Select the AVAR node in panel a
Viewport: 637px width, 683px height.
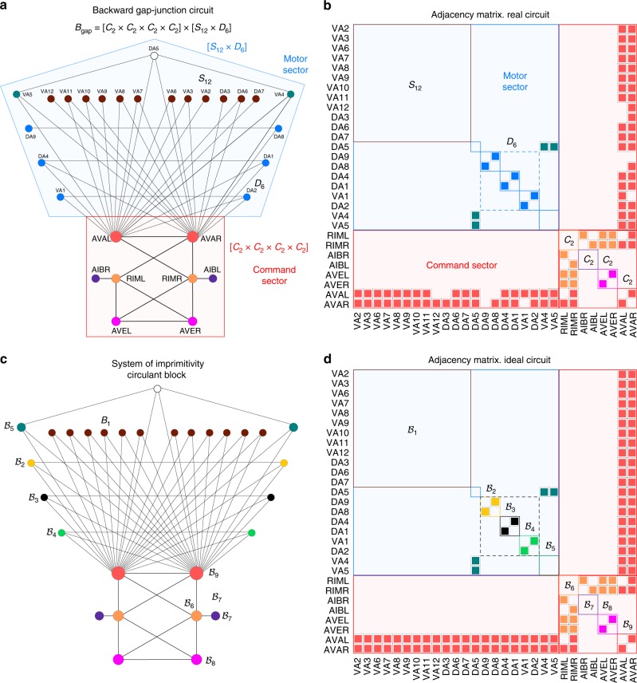coord(192,236)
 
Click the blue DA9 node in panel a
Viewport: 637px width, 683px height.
coord(29,128)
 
